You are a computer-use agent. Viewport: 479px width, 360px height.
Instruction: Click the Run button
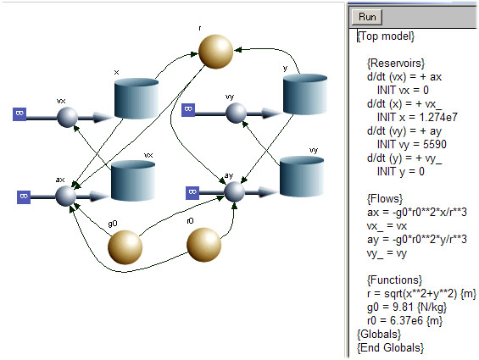point(367,17)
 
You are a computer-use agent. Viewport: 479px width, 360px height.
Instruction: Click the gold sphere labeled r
point(215,52)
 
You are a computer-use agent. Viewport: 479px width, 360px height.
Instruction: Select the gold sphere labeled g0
point(125,247)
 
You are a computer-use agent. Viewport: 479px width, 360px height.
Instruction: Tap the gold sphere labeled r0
point(203,245)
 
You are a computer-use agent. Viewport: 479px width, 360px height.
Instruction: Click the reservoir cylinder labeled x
point(136,98)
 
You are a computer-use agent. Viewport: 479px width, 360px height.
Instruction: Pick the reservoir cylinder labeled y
point(305,94)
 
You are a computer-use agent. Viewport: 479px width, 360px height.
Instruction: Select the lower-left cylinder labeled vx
point(133,180)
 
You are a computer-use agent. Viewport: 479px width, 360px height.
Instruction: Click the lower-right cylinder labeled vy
point(302,177)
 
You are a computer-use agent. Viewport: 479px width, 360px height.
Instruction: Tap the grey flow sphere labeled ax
point(65,196)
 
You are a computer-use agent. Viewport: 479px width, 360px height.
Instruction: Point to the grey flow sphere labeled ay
point(235,191)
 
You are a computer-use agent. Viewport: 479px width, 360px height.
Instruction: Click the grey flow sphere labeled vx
point(67,117)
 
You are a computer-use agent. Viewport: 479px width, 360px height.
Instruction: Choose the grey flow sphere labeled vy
point(237,113)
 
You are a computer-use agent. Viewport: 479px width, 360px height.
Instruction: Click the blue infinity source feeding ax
point(24,197)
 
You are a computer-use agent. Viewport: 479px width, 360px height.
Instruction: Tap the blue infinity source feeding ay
point(192,192)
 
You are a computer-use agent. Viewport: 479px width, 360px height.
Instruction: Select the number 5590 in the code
point(435,144)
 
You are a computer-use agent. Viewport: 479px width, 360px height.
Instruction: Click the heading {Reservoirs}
point(396,64)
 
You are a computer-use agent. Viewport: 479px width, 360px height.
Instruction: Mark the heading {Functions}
point(394,280)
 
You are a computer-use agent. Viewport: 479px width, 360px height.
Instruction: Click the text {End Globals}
point(391,348)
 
